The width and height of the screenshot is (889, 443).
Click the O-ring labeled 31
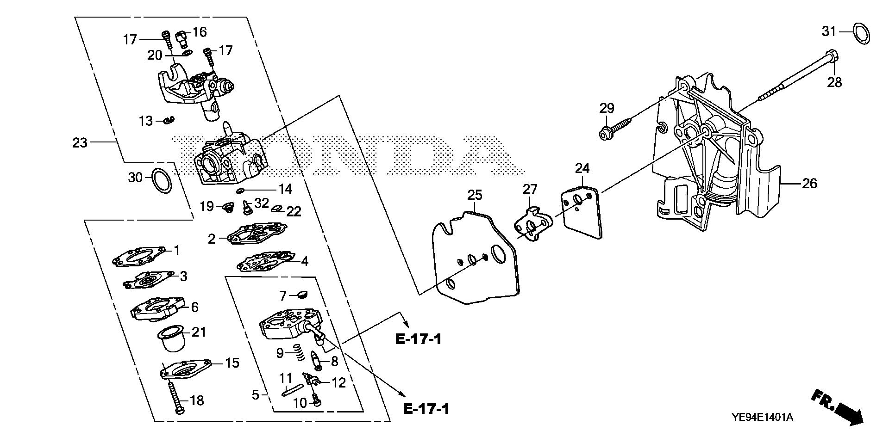[861, 34]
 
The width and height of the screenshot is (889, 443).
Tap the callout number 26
[809, 184]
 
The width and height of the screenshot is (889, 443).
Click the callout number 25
[475, 195]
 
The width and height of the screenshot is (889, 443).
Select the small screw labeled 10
[316, 399]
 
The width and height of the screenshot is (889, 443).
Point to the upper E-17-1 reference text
[418, 339]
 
